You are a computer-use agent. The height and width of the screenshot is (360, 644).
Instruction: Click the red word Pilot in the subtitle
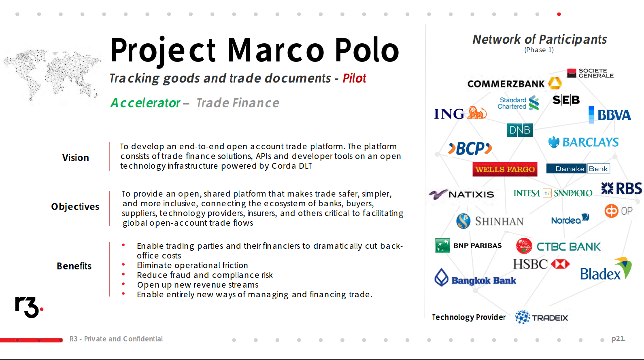pos(354,78)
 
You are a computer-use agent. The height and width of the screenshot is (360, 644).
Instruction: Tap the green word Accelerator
pos(145,103)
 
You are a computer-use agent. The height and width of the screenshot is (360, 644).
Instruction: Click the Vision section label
pos(76,157)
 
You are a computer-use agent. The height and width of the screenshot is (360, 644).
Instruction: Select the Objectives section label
pos(75,207)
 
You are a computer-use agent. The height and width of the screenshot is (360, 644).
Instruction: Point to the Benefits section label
pos(74,266)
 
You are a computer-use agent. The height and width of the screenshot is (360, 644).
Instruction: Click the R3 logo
pos(29,307)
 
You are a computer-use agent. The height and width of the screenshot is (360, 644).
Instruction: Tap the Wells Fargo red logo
pos(505,169)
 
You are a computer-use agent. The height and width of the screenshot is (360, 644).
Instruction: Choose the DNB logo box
pos(519,130)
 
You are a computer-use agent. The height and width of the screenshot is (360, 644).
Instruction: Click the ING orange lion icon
pos(477,112)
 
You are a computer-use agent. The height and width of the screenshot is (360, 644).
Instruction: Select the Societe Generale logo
pos(590,73)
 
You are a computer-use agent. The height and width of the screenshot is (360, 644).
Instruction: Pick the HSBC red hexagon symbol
pos(560,264)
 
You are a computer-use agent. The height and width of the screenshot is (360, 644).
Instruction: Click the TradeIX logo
pos(541,318)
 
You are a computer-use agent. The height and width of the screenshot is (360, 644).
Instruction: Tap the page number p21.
pos(618,339)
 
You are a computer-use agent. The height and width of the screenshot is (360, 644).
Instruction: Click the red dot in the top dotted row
pos(559,14)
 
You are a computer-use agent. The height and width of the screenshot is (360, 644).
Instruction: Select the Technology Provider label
pos(469,317)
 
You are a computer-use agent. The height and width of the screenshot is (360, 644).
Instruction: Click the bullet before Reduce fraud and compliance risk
pos(123,274)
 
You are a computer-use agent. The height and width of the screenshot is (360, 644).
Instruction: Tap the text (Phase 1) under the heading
pos(539,50)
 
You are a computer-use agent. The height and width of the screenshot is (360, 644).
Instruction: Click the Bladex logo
pos(606,269)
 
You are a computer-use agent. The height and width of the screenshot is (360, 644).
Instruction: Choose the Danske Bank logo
pos(578,169)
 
